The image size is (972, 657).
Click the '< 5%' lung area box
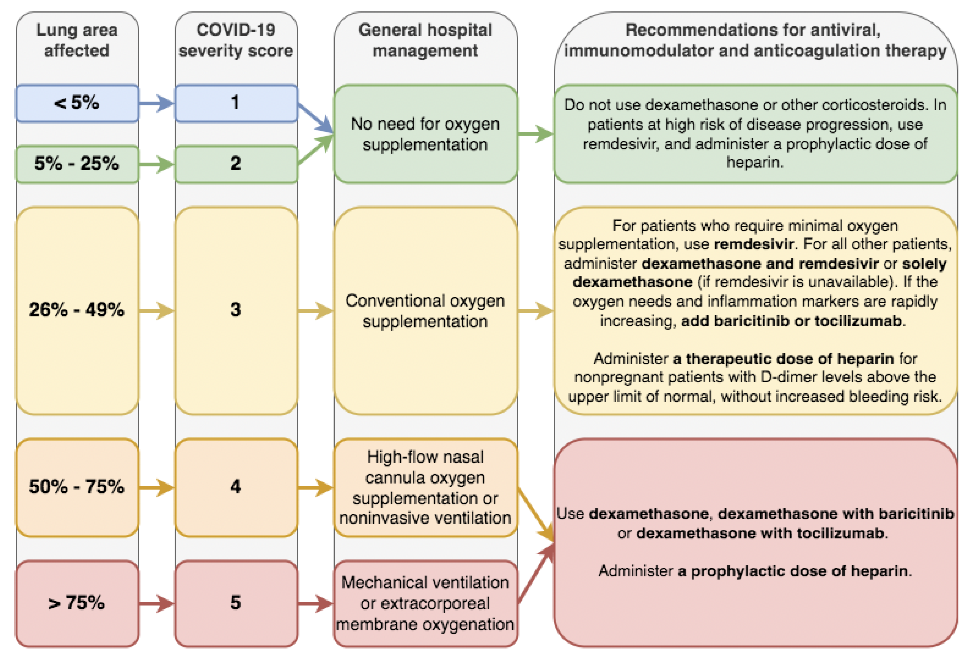tap(77, 103)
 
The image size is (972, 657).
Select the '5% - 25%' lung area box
tap(77, 164)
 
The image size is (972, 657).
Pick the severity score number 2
tap(235, 164)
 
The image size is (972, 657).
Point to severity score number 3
tap(235, 310)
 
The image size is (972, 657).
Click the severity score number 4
tap(235, 487)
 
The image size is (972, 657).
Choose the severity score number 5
tap(235, 603)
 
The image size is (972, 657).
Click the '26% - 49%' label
tap(77, 310)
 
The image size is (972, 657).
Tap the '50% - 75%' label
tap(77, 487)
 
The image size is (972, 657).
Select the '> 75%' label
tap(77, 603)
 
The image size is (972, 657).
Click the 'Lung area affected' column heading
tap(77, 40)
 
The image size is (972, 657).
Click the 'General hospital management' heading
tap(425, 40)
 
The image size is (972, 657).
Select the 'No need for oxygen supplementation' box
tap(425, 134)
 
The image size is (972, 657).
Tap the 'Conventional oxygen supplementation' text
tap(425, 311)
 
